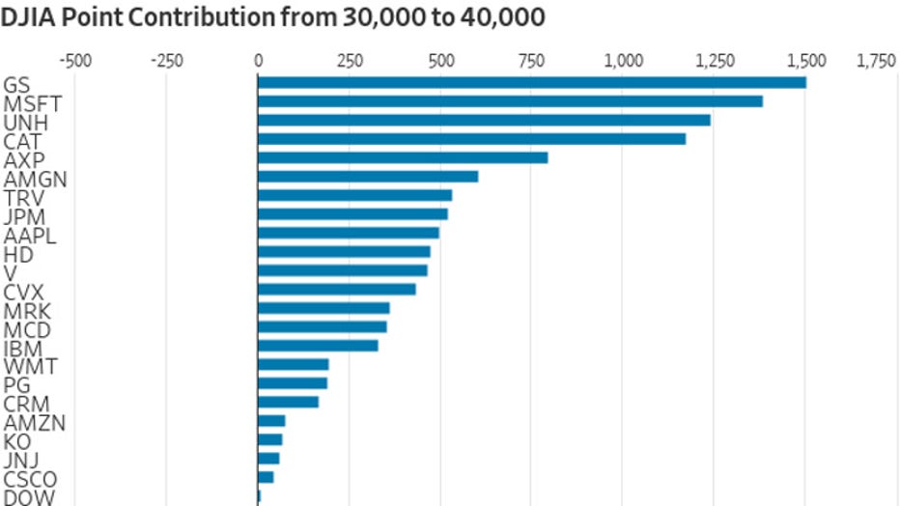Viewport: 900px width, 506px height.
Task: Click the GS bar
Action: tap(531, 83)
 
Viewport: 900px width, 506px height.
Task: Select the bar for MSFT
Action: tap(510, 101)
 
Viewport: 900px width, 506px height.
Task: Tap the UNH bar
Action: tap(484, 120)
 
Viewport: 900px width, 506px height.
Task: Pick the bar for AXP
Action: tap(403, 157)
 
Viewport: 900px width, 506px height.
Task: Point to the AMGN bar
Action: tap(368, 176)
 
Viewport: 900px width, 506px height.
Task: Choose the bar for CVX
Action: tap(337, 289)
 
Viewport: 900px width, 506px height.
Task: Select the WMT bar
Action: tap(294, 364)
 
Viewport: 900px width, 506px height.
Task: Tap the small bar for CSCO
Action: tap(266, 477)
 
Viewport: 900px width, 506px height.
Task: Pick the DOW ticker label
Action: tap(29, 498)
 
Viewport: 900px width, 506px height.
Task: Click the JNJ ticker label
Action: tap(21, 461)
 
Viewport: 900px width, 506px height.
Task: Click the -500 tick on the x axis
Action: tap(75, 61)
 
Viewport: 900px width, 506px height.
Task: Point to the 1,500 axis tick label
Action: tap(807, 61)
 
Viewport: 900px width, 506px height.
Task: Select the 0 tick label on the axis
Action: tap(258, 61)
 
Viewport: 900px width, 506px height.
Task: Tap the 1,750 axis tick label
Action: tap(876, 61)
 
